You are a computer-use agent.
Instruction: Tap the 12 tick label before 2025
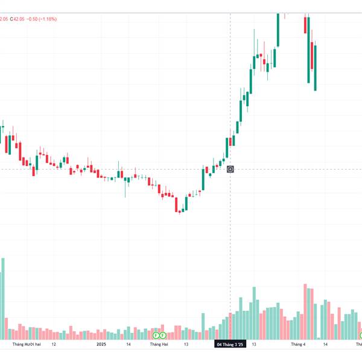point(54,345)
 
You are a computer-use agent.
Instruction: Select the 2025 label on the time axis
point(101,345)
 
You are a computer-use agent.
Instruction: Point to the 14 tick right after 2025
point(129,345)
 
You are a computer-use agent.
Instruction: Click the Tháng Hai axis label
point(159,345)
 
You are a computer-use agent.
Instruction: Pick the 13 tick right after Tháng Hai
point(186,345)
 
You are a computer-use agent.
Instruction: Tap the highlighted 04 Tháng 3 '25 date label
point(230,345)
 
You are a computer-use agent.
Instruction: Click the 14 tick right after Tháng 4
point(325,345)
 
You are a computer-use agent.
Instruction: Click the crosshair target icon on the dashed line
point(230,169)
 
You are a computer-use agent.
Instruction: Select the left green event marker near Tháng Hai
point(156,335)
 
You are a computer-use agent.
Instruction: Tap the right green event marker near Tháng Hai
point(163,335)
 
